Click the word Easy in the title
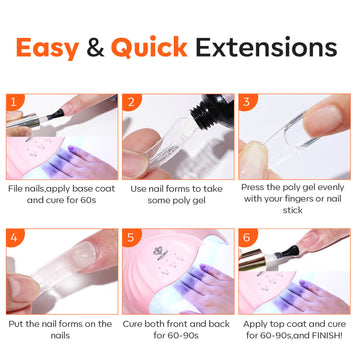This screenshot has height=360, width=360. [47, 48]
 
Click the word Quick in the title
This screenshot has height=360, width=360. [149, 48]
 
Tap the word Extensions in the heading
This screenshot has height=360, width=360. [266, 47]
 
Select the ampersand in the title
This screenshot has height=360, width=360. [95, 48]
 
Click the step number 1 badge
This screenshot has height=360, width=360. [14, 102]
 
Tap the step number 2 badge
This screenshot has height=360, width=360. [130, 102]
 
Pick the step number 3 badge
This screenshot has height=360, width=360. [246, 102]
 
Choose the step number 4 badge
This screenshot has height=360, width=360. [14, 237]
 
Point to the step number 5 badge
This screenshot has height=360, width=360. [130, 237]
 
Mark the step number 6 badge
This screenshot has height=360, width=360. [246, 237]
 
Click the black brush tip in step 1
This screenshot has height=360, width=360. [56, 114]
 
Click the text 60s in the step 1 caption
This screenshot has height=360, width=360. [87, 200]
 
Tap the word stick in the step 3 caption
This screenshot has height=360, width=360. [292, 210]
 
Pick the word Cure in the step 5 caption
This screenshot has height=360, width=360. [132, 324]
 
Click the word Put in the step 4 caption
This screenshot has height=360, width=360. [16, 324]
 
